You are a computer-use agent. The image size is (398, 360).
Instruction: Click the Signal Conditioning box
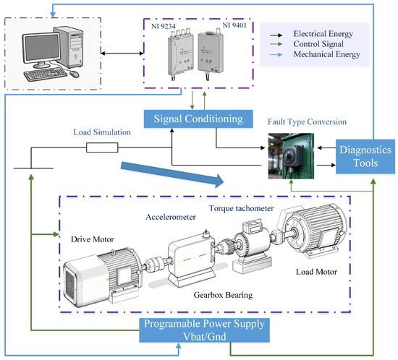(x=198, y=119)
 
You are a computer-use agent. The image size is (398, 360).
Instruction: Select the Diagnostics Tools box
(x=365, y=156)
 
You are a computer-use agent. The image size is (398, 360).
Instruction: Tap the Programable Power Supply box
(x=204, y=330)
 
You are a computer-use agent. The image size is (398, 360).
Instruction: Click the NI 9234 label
(x=164, y=26)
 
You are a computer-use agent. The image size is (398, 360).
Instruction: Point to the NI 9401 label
(x=234, y=25)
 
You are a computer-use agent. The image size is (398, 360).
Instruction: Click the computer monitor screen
(x=42, y=48)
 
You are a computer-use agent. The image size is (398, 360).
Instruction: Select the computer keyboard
(x=46, y=74)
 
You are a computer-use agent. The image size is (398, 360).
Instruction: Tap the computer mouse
(x=74, y=74)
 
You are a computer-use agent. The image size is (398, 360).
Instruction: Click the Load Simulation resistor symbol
(x=102, y=147)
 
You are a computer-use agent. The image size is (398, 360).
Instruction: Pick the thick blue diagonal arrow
(x=172, y=175)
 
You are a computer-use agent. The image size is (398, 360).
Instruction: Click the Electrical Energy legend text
(x=323, y=34)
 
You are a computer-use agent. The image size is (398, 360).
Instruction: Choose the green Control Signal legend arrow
(x=276, y=44)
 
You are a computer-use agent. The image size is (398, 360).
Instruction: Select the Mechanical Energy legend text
(x=326, y=54)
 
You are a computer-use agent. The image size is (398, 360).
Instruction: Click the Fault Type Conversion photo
(x=291, y=156)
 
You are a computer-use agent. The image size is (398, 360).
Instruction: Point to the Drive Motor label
(x=93, y=239)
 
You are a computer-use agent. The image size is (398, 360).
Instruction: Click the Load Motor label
(x=316, y=272)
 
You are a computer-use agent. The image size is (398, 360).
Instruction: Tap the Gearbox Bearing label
(x=223, y=295)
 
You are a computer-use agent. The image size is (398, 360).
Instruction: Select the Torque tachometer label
(x=242, y=208)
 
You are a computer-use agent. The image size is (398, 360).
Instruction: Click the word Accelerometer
(x=171, y=217)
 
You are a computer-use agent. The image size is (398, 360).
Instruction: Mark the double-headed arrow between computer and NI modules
(x=122, y=53)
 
